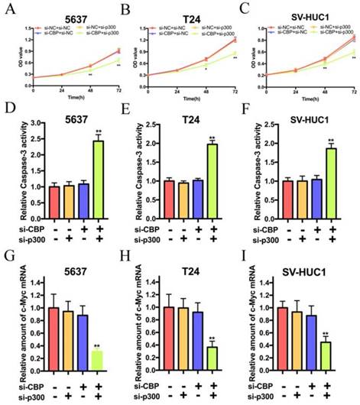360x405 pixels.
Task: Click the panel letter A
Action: click(8, 9)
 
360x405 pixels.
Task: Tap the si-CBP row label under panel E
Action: click(142, 228)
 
